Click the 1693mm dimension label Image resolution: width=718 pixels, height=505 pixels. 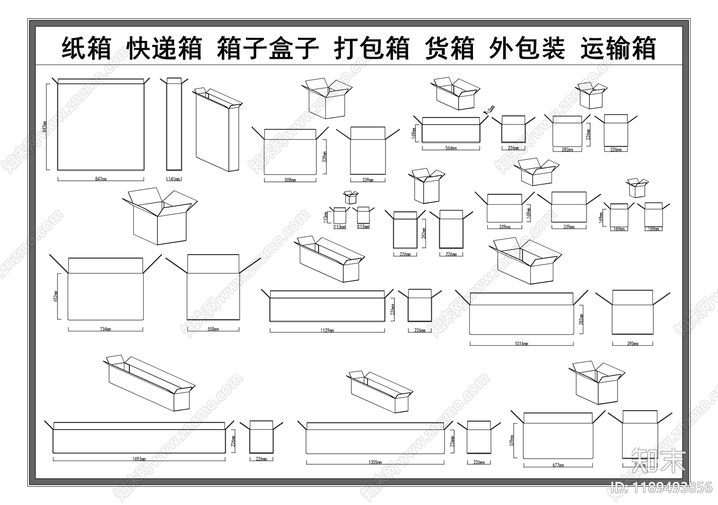click(x=139, y=459)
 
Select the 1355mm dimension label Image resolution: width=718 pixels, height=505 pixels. click(x=376, y=462)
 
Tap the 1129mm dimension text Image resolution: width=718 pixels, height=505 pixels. click(x=327, y=330)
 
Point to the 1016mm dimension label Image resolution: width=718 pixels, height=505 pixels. click(x=521, y=343)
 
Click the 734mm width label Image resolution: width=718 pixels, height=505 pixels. click(x=105, y=329)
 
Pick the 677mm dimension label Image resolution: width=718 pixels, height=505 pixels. click(x=558, y=465)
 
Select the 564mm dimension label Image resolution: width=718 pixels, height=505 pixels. click(x=451, y=148)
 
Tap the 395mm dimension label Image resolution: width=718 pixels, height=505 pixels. click(x=632, y=343)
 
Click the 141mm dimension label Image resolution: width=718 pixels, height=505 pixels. click(x=174, y=179)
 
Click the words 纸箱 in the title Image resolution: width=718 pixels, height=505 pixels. click(x=86, y=48)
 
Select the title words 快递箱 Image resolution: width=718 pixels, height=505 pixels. click(x=164, y=48)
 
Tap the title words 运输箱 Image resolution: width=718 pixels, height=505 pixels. click(x=618, y=48)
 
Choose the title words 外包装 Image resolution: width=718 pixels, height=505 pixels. click(x=527, y=48)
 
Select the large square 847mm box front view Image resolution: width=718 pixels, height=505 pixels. click(x=101, y=127)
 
